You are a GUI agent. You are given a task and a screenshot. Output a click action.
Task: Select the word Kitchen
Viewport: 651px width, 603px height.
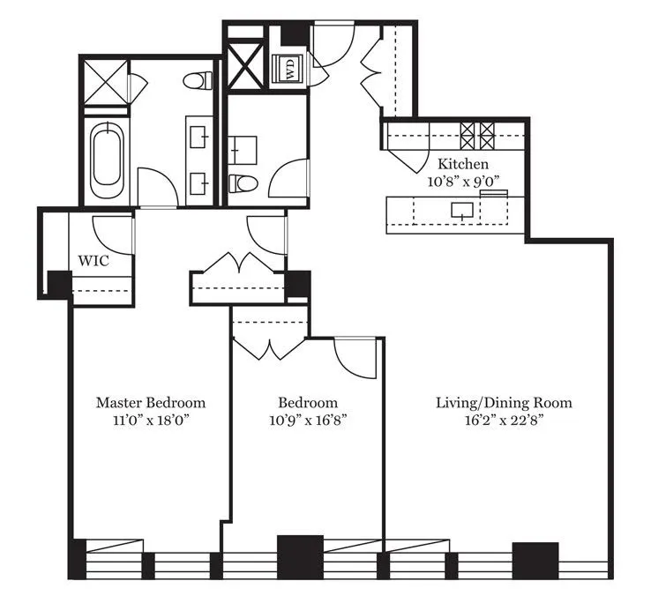click(x=463, y=164)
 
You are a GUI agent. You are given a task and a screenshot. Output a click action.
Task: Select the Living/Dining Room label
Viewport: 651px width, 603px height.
click(x=504, y=403)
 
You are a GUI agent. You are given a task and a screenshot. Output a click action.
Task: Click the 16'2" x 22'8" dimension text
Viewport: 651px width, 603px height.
click(x=504, y=421)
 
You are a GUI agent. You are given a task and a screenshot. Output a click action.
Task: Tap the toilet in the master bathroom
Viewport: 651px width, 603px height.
click(x=199, y=80)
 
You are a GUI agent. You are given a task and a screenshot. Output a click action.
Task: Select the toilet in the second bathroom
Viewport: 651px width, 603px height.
click(x=242, y=184)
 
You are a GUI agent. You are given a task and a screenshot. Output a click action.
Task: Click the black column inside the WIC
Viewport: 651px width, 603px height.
click(x=59, y=283)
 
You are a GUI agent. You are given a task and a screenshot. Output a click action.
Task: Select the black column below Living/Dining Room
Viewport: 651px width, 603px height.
click(x=535, y=558)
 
